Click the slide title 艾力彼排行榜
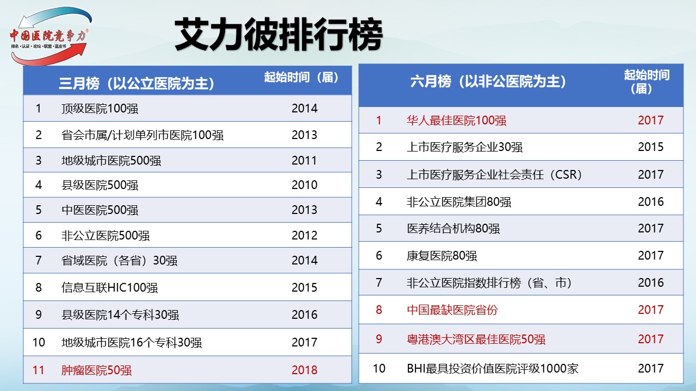[279, 34]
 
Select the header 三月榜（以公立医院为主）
[136, 83]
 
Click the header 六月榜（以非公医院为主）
[488, 81]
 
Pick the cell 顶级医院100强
[100, 109]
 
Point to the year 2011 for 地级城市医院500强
[304, 160]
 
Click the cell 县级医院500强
[100, 185]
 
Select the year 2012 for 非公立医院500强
[304, 236]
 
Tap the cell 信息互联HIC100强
[109, 288]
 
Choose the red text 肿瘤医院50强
[96, 370]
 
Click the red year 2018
[304, 370]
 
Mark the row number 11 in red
[38, 370]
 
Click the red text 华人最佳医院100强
[456, 121]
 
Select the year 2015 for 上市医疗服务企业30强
[651, 147]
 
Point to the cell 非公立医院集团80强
[459, 202]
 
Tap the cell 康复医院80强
[442, 256]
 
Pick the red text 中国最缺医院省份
[452, 310]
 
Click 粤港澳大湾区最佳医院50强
[476, 339]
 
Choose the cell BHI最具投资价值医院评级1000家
[493, 369]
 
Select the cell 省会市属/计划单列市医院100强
[142, 135]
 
